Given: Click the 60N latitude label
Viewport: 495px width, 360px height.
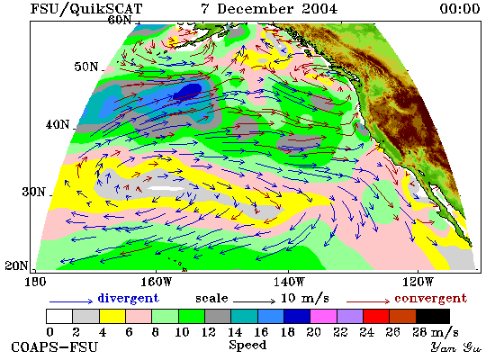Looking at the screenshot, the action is pos(120,20).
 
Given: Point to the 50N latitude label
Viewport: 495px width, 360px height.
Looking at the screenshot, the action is pos(86,67).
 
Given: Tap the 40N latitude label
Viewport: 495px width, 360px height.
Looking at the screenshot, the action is pos(58,124).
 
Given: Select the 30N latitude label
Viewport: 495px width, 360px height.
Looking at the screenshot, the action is pos(34,192).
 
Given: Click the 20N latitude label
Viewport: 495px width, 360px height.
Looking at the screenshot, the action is pos(16,265).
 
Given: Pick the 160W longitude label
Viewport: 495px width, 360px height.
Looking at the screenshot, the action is pos(157,282).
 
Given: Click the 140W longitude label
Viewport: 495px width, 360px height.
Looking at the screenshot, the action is pos(289,282).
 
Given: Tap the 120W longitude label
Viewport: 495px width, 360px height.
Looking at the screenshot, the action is pos(418,282).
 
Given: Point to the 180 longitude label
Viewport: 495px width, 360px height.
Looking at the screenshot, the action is pos(35,282).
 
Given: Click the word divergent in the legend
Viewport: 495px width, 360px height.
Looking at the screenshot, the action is pos(128,298).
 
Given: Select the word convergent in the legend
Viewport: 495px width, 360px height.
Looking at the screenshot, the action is pos(430,299).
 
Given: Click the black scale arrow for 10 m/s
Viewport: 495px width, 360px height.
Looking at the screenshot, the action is pos(254,301).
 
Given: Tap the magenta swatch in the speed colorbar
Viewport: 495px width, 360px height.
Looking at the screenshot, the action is pos(324,317).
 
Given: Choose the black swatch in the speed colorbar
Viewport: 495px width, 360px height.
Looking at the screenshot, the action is pos(433,317).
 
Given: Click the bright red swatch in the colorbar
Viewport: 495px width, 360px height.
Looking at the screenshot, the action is pos(376,317).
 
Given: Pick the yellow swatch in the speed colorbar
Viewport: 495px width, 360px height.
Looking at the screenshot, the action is pos(112,317).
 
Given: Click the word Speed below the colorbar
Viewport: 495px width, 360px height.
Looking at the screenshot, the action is pos(247,345).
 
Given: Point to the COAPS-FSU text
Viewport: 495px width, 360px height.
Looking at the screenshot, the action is pos(55,347).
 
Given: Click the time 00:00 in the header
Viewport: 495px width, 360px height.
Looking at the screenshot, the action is pos(460,8).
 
